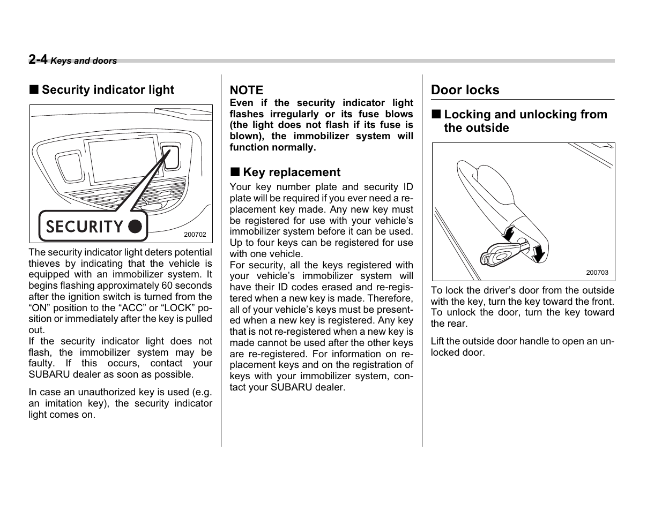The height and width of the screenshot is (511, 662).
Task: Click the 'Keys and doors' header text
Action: [84, 61]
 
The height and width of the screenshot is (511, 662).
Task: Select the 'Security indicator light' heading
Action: [108, 90]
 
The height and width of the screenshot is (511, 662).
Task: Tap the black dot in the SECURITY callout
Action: [136, 227]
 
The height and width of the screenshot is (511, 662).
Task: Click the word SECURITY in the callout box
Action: [85, 227]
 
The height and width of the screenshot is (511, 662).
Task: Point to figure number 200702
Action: [195, 235]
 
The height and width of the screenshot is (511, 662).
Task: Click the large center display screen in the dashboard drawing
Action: [123, 160]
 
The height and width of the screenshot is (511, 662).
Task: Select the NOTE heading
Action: [247, 90]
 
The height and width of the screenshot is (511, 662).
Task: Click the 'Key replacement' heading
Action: [292, 172]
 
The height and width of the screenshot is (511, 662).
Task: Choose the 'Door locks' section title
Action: [465, 90]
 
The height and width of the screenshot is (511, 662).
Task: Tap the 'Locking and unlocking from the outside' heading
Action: [525, 121]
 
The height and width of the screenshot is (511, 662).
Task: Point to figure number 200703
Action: [597, 272]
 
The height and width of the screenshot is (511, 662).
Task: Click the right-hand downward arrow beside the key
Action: [538, 252]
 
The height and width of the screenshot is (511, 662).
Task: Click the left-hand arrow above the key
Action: [507, 233]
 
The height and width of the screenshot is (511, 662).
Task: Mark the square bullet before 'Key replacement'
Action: [235, 172]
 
